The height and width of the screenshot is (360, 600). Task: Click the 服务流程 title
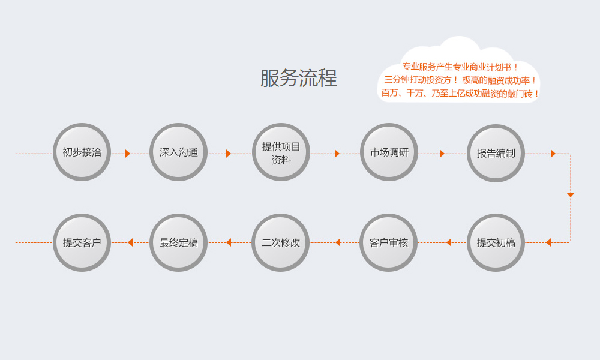(298, 78)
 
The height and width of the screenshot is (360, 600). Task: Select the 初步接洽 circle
(82, 152)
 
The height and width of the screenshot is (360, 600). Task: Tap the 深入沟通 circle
(178, 152)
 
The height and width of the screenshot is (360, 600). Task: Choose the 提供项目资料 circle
(281, 152)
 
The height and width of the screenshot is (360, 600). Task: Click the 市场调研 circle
(389, 152)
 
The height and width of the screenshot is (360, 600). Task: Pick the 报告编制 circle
(496, 153)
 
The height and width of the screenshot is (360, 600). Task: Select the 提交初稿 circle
(496, 242)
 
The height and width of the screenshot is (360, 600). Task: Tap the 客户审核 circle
(388, 242)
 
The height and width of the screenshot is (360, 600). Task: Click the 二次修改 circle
(280, 242)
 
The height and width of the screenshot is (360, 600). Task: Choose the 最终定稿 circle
(178, 242)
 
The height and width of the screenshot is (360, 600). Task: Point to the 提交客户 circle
(82, 242)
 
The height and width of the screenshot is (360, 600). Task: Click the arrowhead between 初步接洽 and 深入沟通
(128, 154)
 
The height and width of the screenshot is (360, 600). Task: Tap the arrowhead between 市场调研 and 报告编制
(442, 154)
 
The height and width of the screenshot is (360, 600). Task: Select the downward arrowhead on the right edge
(571, 195)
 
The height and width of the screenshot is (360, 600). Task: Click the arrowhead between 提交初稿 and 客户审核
(448, 242)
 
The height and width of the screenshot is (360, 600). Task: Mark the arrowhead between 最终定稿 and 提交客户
(130, 242)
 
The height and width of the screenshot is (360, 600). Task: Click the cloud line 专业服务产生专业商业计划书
(460, 67)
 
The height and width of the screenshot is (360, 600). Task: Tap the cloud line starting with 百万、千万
(460, 93)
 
